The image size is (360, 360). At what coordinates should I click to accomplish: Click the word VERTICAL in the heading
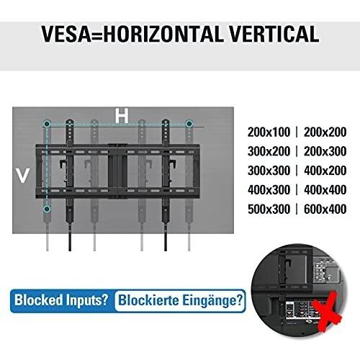click(x=274, y=34)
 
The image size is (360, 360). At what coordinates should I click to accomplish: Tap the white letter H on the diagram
click(x=122, y=116)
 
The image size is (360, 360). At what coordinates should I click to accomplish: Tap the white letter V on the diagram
click(x=22, y=176)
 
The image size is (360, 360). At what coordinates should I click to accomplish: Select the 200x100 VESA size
click(x=269, y=132)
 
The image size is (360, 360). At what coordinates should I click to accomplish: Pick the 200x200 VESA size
click(x=325, y=132)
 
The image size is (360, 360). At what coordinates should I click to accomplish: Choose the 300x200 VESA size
click(x=269, y=151)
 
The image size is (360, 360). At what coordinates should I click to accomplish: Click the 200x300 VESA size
click(x=325, y=151)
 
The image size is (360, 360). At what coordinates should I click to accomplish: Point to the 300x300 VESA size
click(x=269, y=171)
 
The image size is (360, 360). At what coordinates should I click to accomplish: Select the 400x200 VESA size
click(x=325, y=171)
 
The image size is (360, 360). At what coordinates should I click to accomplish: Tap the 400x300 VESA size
click(x=269, y=190)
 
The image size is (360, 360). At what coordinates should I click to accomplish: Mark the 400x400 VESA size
click(x=325, y=190)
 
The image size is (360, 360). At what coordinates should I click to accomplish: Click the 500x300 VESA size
click(x=269, y=209)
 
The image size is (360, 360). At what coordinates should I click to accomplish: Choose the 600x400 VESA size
click(x=325, y=209)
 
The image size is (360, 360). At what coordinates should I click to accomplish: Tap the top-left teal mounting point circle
click(x=48, y=124)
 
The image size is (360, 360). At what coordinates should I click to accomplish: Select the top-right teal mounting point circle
click(x=189, y=124)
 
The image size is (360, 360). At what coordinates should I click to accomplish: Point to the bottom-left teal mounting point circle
click(x=48, y=209)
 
